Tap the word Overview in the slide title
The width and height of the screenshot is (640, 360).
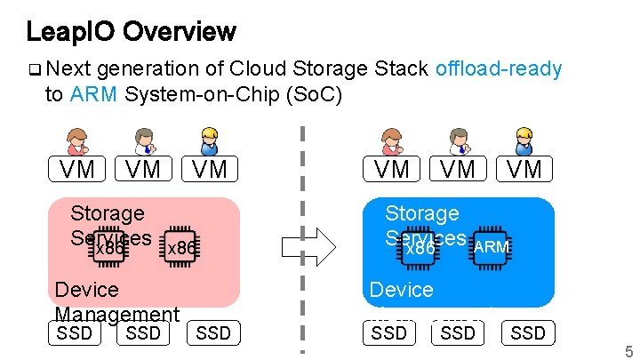180,32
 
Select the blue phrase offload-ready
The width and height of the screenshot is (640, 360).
499,69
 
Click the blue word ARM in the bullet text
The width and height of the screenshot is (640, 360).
93,94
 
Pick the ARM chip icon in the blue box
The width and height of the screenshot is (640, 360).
491,246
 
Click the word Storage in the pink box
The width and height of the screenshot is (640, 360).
107,213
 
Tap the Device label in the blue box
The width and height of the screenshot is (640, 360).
402,290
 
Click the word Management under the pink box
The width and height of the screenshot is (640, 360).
116,315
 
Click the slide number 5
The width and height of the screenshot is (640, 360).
628,350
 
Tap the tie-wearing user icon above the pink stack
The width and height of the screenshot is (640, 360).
144,141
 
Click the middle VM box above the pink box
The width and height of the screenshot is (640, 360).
143,169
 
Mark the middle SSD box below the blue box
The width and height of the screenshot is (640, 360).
458,332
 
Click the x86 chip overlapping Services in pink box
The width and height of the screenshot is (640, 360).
108,249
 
